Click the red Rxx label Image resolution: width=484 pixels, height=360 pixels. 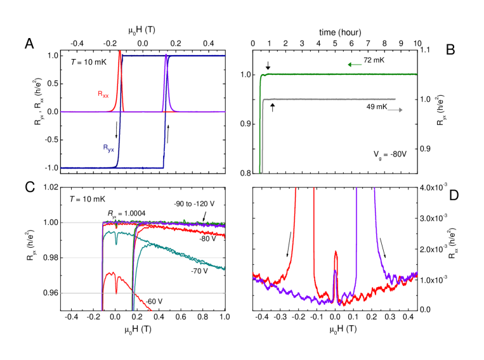pyautogui.click(x=103, y=94)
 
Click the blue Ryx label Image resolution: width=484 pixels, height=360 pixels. pyautogui.click(x=108, y=148)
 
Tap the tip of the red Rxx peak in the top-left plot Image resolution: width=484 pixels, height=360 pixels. pyautogui.click(x=119, y=53)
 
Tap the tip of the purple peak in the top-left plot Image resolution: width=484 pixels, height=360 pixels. pyautogui.click(x=166, y=55)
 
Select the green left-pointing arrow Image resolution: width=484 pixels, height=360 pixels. pyautogui.click(x=355, y=65)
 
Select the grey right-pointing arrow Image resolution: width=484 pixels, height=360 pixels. pyautogui.click(x=395, y=110)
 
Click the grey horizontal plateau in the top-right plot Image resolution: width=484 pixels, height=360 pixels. pyautogui.click(x=330, y=100)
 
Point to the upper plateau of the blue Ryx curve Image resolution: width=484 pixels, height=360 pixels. pyautogui.click(x=197, y=56)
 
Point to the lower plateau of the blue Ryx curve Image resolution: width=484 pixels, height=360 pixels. pyautogui.click(x=89, y=168)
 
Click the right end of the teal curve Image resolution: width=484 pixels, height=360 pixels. pyautogui.click(x=224, y=269)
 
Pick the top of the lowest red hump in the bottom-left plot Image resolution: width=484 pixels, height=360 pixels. pyautogui.click(x=110, y=273)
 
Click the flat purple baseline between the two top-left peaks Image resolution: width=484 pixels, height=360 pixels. pyautogui.click(x=143, y=112)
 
